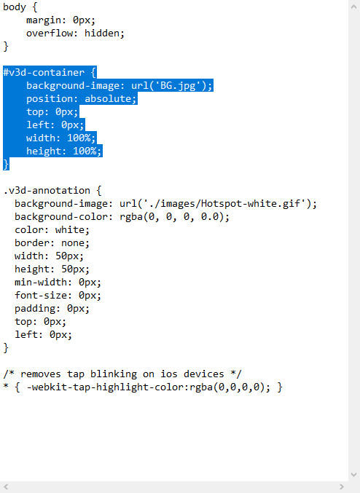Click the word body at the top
[x=15, y=7]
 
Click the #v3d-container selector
[x=44, y=73]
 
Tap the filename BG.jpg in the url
[x=178, y=85]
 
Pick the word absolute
[x=108, y=99]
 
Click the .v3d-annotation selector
[x=47, y=191]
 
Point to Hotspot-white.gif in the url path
[x=251, y=204]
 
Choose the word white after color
[x=69, y=230]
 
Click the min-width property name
[x=41, y=283]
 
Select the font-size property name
[x=41, y=296]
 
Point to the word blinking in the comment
[x=114, y=374]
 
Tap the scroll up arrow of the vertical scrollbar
[x=353, y=7]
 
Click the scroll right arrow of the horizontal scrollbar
[x=342, y=487]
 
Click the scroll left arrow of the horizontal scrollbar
[x=6, y=487]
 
